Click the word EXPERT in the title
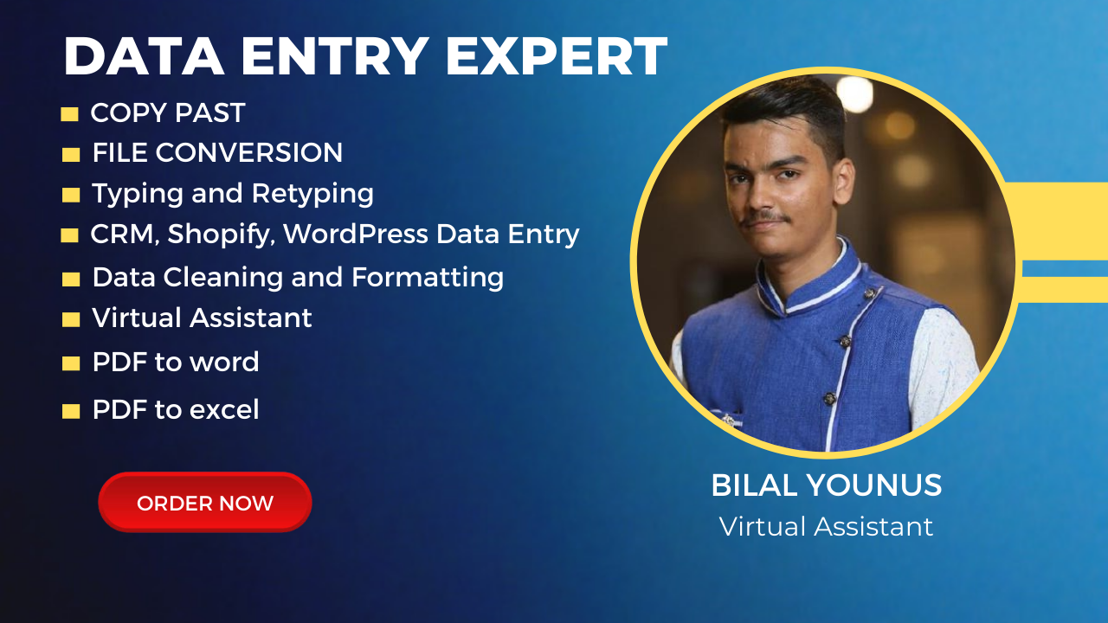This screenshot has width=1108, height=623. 557,56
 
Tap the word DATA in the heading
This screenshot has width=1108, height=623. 144,56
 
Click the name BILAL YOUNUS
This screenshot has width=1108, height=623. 826,485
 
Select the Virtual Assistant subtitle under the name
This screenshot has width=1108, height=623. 826,526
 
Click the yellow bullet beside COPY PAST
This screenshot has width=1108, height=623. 69,114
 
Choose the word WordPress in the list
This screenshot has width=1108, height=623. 356,234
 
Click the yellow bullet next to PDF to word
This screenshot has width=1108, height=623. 71,363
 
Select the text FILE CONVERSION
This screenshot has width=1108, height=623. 217,152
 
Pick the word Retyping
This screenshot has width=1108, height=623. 312,194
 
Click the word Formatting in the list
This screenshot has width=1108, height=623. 428,278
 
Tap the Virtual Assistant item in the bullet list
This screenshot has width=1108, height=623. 202,318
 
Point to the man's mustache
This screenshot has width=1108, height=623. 766,218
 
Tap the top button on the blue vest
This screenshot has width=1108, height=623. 868,293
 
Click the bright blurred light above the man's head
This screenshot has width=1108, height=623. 854,93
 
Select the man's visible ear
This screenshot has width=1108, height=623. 844,181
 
